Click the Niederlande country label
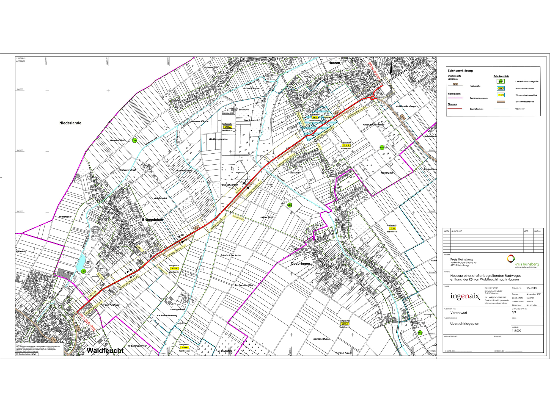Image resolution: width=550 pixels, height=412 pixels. [x=70, y=123]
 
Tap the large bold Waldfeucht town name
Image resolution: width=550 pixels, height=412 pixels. [x=105, y=350]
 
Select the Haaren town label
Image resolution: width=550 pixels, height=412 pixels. [x=334, y=63]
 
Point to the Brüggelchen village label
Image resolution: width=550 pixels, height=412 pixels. [x=153, y=220]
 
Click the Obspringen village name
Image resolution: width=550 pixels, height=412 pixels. [x=300, y=264]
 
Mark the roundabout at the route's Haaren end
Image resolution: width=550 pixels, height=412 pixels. [x=373, y=98]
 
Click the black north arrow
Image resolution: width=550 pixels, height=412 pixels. [x=391, y=69]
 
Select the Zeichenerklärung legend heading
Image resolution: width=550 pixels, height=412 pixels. [x=460, y=71]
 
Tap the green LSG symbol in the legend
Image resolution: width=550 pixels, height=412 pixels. [x=501, y=81]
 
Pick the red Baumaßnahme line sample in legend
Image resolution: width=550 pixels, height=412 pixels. [x=455, y=109]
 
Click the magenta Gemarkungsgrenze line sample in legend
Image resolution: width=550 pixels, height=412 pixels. [x=455, y=98]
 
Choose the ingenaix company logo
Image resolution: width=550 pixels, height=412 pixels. [x=465, y=296]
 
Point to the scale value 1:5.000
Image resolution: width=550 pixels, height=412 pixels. [x=516, y=331]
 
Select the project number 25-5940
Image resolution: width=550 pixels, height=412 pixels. [x=531, y=288]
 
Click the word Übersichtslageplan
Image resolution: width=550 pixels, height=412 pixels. [x=464, y=324]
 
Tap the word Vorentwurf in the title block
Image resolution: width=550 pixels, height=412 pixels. [x=458, y=313]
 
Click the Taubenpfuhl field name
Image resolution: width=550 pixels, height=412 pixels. [x=387, y=173]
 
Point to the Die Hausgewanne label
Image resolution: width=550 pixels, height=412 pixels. [x=218, y=139]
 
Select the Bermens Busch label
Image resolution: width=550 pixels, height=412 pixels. [x=321, y=339]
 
